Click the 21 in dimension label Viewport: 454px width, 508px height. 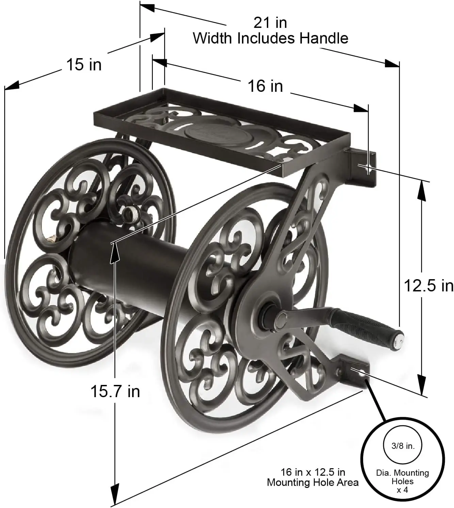[x=270, y=23]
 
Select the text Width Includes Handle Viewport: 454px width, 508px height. [x=271, y=38]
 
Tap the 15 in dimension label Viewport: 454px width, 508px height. [x=84, y=64]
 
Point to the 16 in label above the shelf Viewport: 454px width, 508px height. [x=265, y=86]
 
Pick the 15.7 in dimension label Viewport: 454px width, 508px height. [x=115, y=391]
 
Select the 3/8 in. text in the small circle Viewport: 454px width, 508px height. [x=403, y=446]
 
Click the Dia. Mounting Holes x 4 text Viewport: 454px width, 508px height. [x=402, y=481]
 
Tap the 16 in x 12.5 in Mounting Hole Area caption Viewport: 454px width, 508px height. [x=312, y=477]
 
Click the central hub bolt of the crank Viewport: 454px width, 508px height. [x=281, y=319]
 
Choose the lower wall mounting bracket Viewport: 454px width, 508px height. [x=354, y=373]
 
